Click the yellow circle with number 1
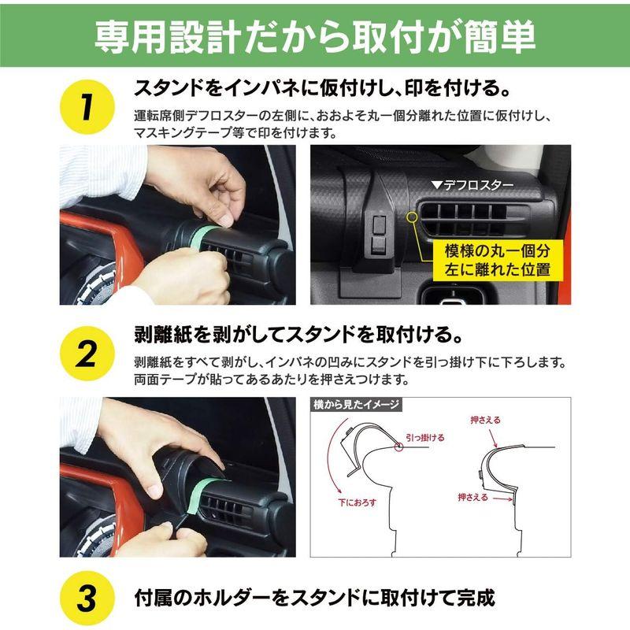click(x=87, y=107)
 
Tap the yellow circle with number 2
click(x=87, y=354)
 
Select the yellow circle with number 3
click(x=87, y=598)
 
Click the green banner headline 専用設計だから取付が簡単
click(x=315, y=37)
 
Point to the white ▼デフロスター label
click(x=472, y=185)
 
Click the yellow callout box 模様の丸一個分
click(x=498, y=260)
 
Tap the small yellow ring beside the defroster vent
click(x=412, y=217)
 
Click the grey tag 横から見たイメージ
click(x=356, y=404)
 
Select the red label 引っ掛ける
click(x=425, y=438)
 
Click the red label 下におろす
click(x=358, y=502)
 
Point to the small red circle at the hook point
click(x=398, y=447)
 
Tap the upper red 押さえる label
click(x=486, y=421)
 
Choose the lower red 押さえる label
click(x=473, y=497)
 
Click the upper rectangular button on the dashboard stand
click(x=379, y=224)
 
